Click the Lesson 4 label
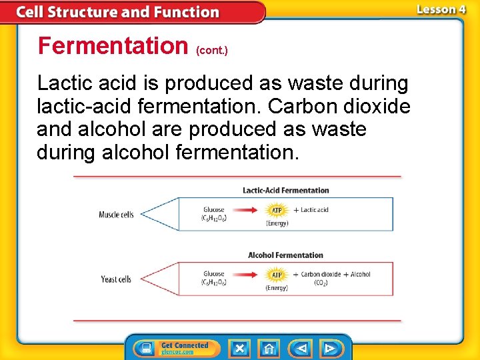tap(441, 9)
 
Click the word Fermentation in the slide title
tap(113, 45)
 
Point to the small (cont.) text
tap(211, 51)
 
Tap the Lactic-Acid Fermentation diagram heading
tap(285, 191)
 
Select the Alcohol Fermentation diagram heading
tap(285, 255)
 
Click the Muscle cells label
tap(116, 215)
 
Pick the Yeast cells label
tap(116, 279)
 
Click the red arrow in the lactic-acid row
tap(246, 211)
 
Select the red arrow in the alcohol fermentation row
tap(246, 275)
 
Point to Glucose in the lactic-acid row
tap(213, 210)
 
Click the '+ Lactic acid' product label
tap(311, 210)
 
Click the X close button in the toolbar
tap(239, 349)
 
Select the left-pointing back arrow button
tap(301, 349)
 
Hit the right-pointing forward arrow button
tap(329, 349)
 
